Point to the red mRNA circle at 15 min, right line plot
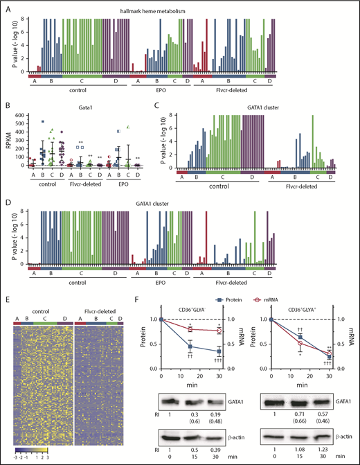click(x=300, y=343)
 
